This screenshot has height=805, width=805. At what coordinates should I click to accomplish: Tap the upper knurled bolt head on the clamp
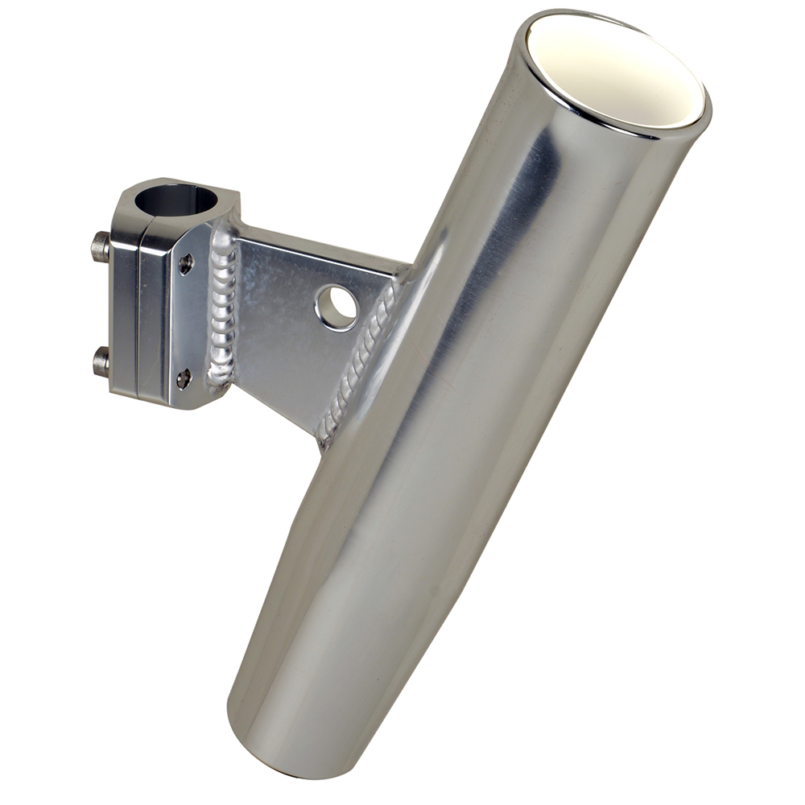(x=100, y=246)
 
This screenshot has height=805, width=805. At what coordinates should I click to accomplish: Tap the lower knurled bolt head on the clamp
(x=101, y=361)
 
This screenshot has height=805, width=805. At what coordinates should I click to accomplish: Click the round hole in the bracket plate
(x=336, y=307)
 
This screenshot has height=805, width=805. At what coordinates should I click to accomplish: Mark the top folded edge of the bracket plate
(x=322, y=245)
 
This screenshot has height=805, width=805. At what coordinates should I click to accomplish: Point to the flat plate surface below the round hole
(x=298, y=370)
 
